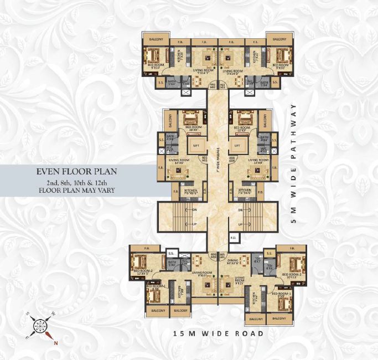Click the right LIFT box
[236, 145]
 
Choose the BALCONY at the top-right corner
[276, 38]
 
